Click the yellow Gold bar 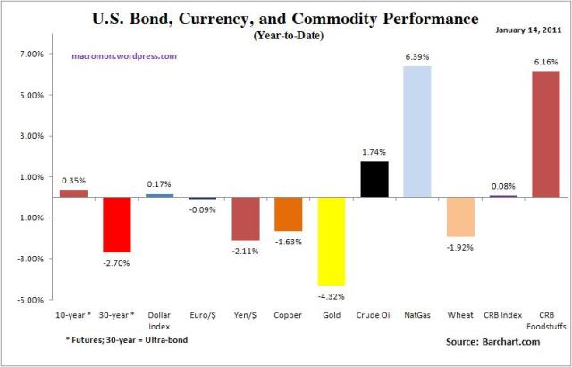pyautogui.click(x=332, y=241)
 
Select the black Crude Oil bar pyautogui.click(x=374, y=179)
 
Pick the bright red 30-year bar pyautogui.click(x=116, y=224)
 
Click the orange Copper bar pyautogui.click(x=289, y=213)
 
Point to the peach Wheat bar pyautogui.click(x=460, y=217)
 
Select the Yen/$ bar pyautogui.click(x=246, y=218)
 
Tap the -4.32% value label pyautogui.click(x=332, y=295)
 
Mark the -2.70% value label pyautogui.click(x=116, y=262)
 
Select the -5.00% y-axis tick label pyautogui.click(x=29, y=300)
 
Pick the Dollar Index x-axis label pyautogui.click(x=159, y=319)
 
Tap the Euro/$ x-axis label pyautogui.click(x=203, y=314)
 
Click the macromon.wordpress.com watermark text pyautogui.click(x=125, y=55)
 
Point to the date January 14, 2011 pyautogui.click(x=527, y=30)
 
